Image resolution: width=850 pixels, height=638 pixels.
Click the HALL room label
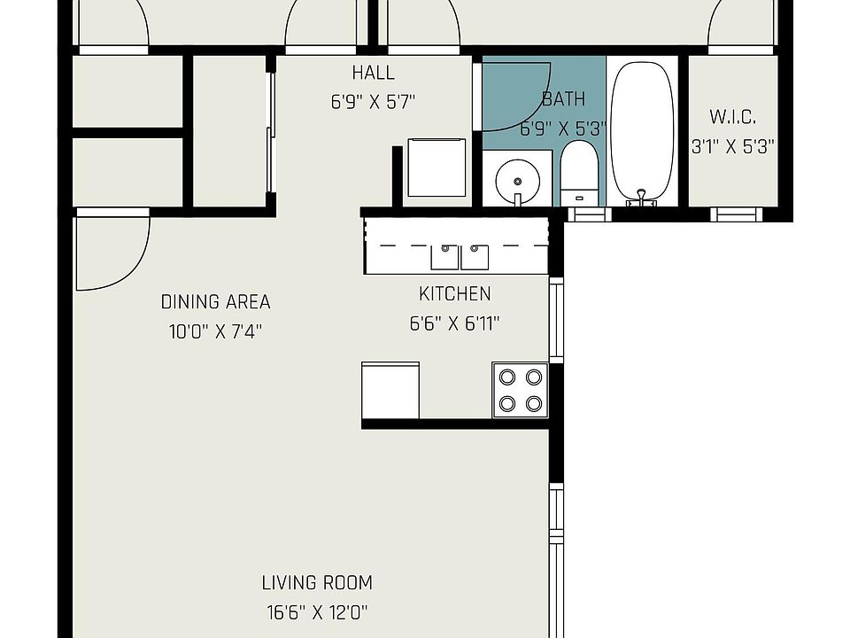[x=373, y=73]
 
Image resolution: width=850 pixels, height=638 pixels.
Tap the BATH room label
[x=564, y=98]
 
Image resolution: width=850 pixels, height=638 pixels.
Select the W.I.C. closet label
[x=733, y=117]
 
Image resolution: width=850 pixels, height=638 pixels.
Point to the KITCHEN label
[x=455, y=293]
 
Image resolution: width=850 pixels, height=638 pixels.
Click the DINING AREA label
[x=216, y=301]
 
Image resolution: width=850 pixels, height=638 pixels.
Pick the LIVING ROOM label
[x=317, y=583]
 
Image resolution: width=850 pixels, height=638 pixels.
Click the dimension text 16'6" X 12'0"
[x=317, y=612]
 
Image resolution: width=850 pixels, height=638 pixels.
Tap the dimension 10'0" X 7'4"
[x=216, y=331]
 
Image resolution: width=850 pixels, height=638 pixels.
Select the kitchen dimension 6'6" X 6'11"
[x=454, y=323]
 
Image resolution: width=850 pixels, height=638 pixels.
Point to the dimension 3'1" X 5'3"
[x=733, y=146]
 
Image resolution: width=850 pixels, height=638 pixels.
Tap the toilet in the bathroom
[x=578, y=174]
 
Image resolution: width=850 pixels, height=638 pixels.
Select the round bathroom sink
[x=518, y=181]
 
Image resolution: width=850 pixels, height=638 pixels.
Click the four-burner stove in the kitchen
[x=521, y=391]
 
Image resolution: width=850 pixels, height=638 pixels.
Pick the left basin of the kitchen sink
[x=445, y=257]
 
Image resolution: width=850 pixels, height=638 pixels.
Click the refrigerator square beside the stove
[x=390, y=391]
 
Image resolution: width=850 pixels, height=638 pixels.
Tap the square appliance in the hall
[x=437, y=167]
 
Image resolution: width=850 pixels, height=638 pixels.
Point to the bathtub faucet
[x=642, y=198]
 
